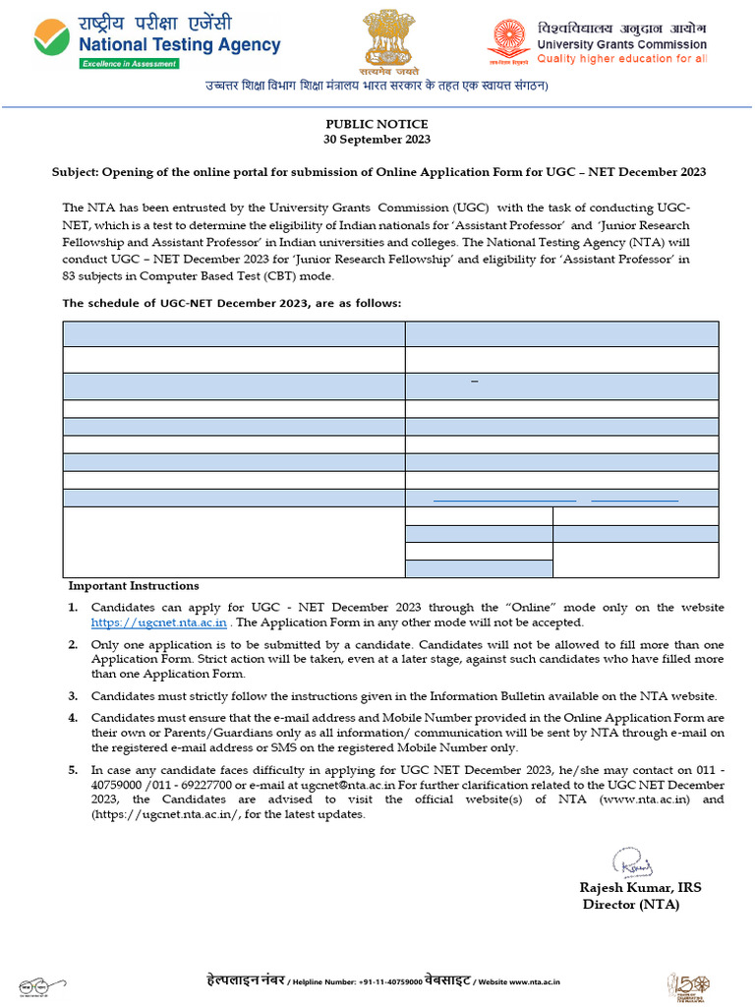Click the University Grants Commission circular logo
tap(509, 40)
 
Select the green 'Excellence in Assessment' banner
tap(129, 64)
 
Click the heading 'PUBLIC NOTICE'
tap(377, 124)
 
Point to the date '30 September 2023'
tap(377, 139)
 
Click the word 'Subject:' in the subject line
tap(76, 172)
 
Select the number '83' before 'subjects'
tap(71, 275)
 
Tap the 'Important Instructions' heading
tap(133, 586)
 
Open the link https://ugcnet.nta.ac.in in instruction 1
tap(159, 622)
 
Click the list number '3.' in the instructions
tap(73, 696)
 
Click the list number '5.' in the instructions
tap(73, 771)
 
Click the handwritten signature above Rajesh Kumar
tap(632, 863)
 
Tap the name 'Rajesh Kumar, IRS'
tap(640, 888)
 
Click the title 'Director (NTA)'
tap(630, 905)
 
